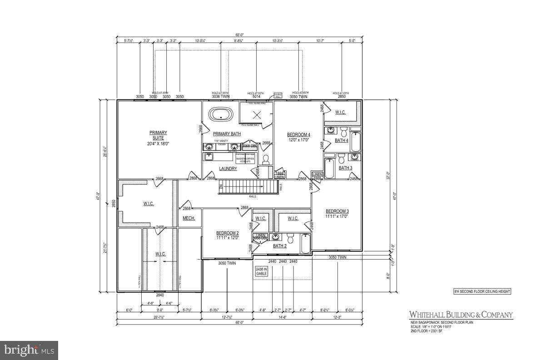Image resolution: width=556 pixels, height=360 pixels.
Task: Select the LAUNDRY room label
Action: tap(228, 169)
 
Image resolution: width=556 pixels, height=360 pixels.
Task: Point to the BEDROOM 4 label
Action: tap(298, 135)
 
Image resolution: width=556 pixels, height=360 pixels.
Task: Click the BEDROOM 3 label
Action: tap(337, 211)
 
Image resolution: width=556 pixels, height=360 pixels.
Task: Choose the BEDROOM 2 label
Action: tap(227, 233)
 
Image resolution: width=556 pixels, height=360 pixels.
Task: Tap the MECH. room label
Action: tap(189, 219)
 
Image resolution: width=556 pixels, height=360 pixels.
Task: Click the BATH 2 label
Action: tap(279, 246)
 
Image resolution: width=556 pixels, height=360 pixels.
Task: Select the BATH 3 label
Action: tap(345, 168)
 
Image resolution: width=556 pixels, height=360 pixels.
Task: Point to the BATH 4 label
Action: tap(342, 140)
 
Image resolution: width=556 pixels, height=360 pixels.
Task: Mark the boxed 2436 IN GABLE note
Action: tap(262, 271)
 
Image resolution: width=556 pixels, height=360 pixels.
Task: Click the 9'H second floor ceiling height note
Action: tap(482, 291)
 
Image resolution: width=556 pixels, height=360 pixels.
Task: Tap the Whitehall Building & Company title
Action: tap(461, 315)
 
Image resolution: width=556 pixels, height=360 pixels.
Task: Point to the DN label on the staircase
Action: tap(221, 187)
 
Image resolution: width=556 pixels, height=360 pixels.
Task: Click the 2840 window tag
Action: tap(160, 295)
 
